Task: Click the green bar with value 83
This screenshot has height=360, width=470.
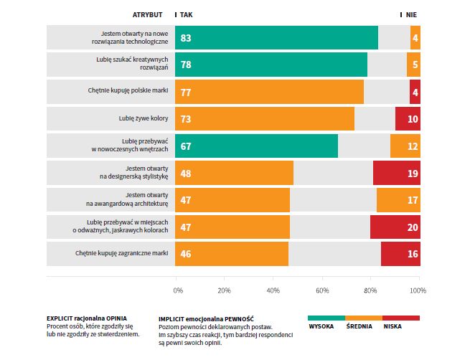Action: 276,37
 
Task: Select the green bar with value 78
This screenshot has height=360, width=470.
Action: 271,65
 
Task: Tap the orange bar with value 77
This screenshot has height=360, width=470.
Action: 269,92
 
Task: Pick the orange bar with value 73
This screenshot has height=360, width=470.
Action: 265,119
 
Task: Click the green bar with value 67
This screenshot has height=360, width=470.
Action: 257,146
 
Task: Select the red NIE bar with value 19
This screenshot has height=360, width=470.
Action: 397,173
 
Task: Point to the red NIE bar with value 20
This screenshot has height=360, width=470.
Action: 395,227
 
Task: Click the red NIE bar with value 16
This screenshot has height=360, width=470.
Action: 400,254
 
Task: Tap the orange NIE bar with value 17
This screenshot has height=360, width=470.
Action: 398,200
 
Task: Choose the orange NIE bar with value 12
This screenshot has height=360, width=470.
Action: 405,146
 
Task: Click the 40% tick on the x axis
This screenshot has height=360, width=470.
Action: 273,290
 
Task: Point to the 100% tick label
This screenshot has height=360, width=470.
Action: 418,290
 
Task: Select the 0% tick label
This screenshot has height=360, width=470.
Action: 178,290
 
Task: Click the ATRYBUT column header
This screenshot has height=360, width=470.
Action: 148,14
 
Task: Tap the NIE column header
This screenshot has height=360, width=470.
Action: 411,14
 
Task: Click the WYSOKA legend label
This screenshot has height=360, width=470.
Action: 321,326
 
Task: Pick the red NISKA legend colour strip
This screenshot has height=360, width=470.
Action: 401,317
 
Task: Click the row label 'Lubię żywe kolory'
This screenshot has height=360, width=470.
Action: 144,119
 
